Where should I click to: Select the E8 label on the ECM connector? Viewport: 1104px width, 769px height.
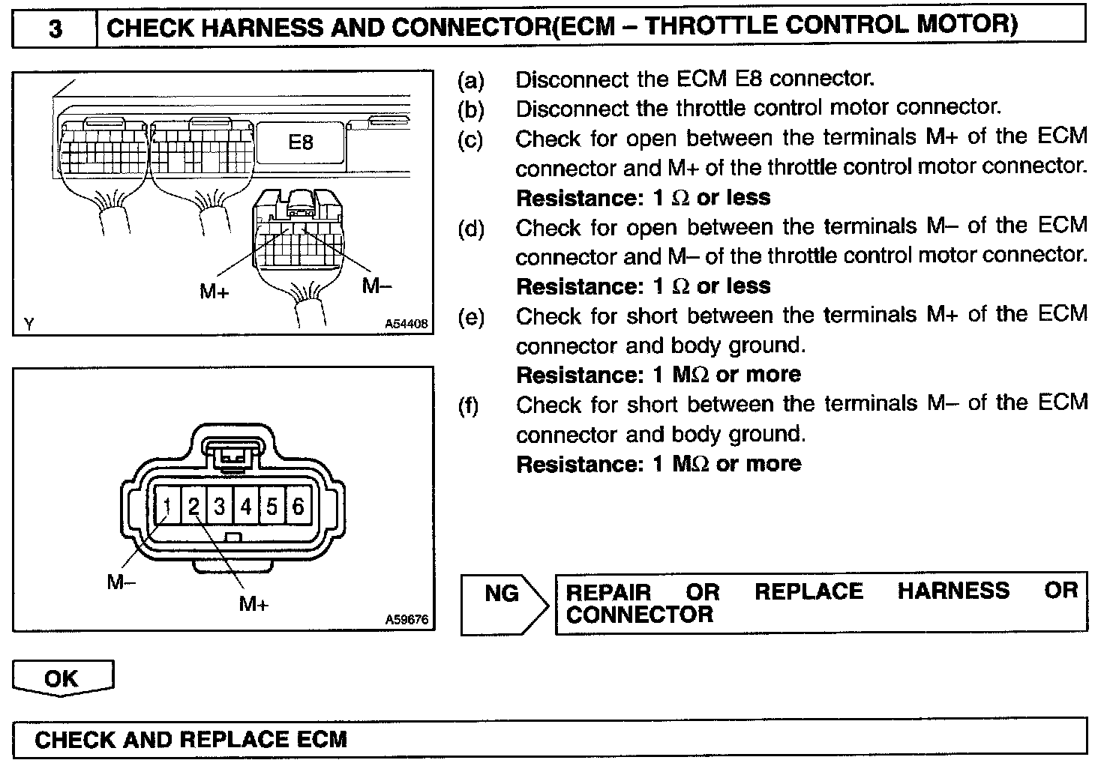pos(300,142)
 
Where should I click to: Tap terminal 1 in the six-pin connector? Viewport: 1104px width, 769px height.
pos(167,507)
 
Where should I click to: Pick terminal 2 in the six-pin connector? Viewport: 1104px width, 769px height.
pos(193,507)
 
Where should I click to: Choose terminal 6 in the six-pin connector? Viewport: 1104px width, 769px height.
pos(298,507)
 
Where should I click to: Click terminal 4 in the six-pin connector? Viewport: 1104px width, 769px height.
pos(245,507)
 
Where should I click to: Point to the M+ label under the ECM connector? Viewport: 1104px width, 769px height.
pos(214,292)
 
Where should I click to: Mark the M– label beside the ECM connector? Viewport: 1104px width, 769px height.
pos(376,286)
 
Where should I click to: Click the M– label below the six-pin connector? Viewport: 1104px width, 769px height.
pos(121,582)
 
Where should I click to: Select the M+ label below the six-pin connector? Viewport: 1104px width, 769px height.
pos(253,603)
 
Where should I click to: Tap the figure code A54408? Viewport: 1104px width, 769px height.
pos(406,324)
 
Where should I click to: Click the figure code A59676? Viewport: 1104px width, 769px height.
pos(406,620)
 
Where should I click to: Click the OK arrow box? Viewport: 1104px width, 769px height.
pos(62,678)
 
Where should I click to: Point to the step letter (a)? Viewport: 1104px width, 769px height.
pos(470,80)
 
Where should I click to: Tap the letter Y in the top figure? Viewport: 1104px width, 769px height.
pos(28,325)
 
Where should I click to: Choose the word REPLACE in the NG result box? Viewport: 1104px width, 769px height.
pos(808,591)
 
